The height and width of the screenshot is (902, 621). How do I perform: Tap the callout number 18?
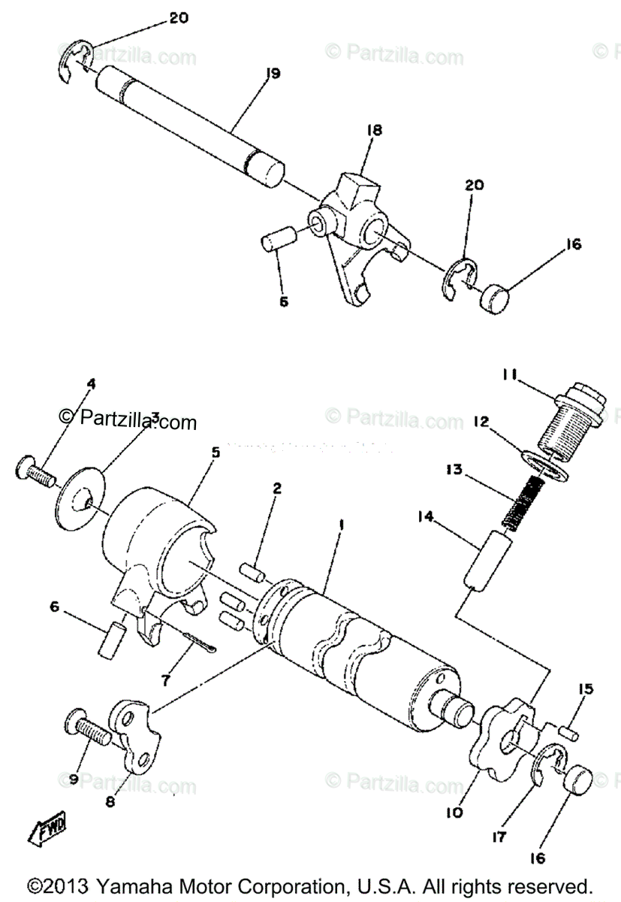click(x=373, y=130)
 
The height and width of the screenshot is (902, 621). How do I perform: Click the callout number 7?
click(x=166, y=680)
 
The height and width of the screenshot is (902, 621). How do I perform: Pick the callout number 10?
click(x=456, y=813)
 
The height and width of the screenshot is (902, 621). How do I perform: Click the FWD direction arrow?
click(x=47, y=829)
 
